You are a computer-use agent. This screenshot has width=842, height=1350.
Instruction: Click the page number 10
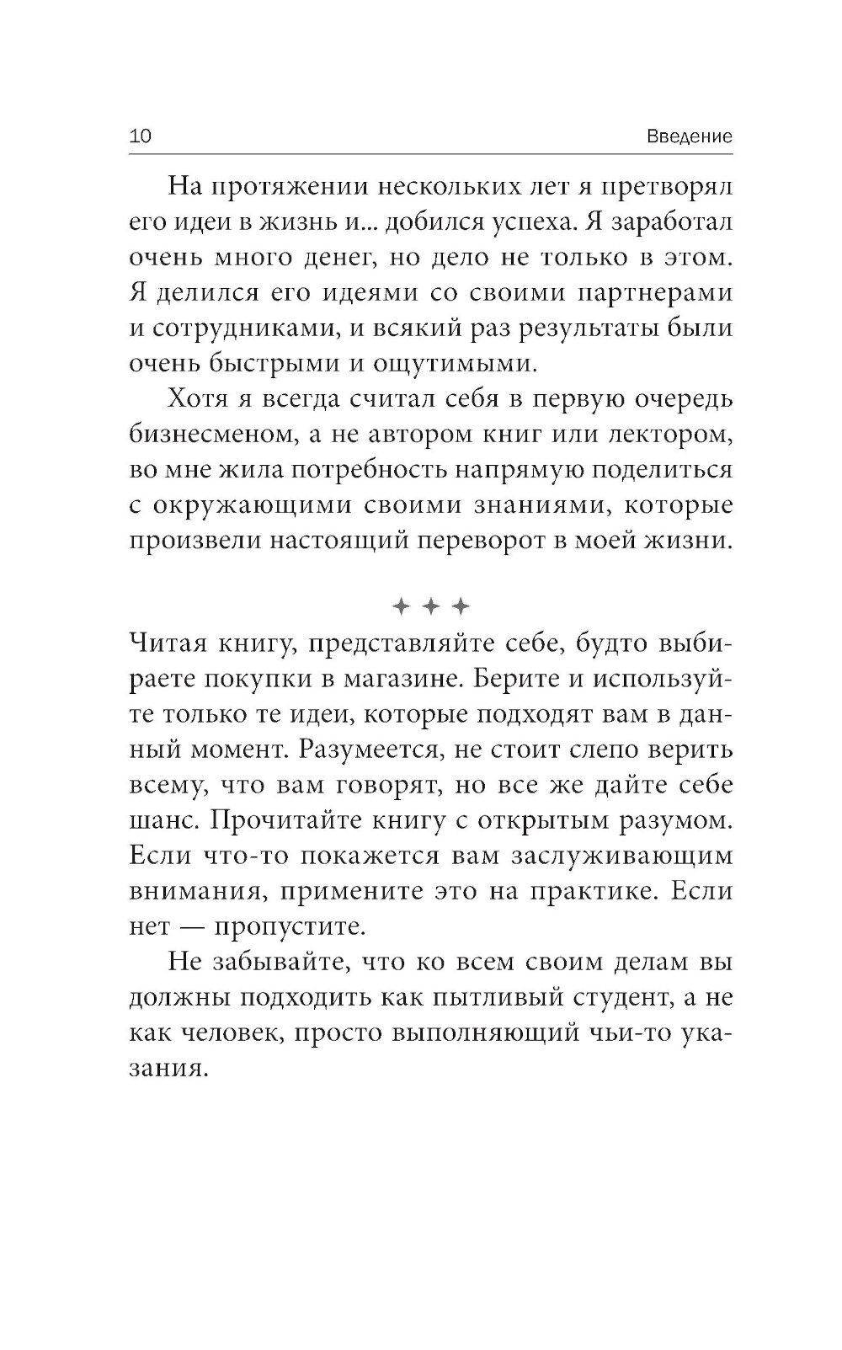(139, 136)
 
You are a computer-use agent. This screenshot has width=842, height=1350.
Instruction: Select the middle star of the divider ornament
(431, 606)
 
